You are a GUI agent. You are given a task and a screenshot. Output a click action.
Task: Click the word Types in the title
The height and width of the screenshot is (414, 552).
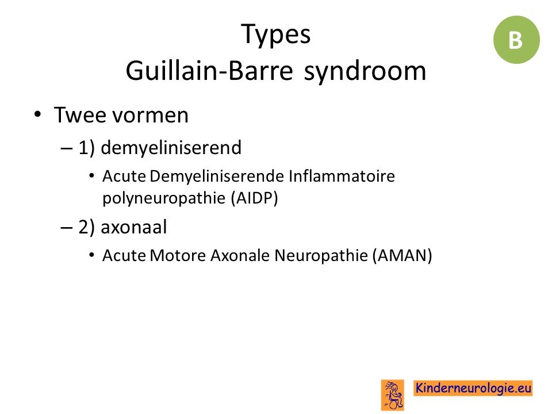pos(276,34)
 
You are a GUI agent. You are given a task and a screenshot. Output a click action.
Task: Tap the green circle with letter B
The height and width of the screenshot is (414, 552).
pos(516,40)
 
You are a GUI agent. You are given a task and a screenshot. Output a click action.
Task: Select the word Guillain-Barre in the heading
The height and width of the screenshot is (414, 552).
pos(209,70)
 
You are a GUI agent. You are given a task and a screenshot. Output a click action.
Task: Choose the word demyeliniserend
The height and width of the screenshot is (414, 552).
pos(171,147)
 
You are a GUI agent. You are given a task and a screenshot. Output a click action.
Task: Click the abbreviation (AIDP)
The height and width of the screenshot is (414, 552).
pos(255,198)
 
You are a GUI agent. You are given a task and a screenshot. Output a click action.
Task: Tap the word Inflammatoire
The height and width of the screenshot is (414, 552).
pos(342,176)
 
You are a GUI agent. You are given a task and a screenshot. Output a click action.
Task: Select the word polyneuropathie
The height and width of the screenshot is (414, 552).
pos(164,198)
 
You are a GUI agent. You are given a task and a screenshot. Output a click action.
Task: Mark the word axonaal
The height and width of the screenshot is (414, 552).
pos(134,227)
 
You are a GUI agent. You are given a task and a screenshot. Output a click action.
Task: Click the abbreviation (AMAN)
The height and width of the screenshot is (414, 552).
pos(402,255)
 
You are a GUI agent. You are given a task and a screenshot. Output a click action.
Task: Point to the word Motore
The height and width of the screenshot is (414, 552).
pos(178,255)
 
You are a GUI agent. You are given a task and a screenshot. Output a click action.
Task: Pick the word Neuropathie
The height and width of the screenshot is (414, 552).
pos(321,256)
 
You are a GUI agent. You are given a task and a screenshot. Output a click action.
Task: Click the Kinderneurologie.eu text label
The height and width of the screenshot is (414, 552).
pos(473,388)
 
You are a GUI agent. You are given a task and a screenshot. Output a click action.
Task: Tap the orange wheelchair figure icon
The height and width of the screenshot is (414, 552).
pos(393,395)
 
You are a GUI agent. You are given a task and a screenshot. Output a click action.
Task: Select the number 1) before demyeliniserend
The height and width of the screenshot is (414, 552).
pos(87,148)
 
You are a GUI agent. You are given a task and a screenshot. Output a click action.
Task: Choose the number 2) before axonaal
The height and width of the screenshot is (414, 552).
pos(87,227)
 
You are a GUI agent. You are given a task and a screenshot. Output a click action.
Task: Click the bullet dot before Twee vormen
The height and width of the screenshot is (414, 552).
pos(38,115)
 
